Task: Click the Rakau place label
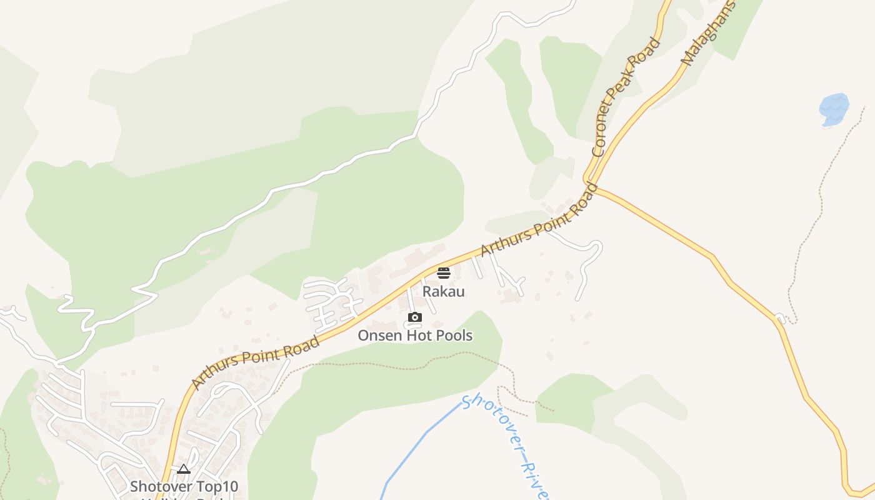[x=443, y=291]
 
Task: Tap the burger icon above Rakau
[x=443, y=272]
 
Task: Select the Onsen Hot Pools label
[x=414, y=336]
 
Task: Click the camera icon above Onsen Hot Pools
[x=414, y=317]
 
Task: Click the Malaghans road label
[x=709, y=34]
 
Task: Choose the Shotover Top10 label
[x=184, y=486]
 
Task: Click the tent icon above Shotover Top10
[x=183, y=469]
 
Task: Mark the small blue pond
[x=834, y=109]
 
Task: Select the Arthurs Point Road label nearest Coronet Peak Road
[x=539, y=219]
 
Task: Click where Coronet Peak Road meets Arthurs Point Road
[x=590, y=182]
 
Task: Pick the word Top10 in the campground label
[x=215, y=486]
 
